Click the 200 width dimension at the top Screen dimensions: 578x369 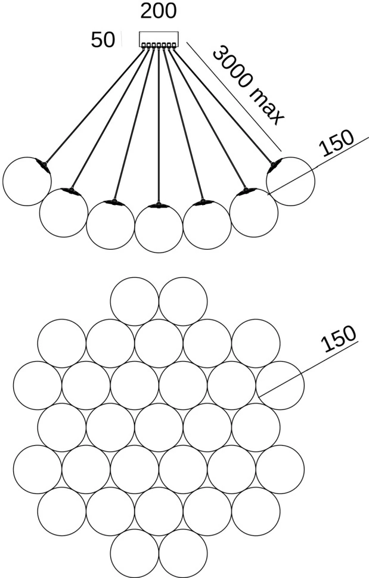159,11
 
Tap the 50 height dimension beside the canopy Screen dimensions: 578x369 103,40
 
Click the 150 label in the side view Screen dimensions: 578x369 336,144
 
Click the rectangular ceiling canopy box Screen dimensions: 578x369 159,38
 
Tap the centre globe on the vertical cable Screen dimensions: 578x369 159,229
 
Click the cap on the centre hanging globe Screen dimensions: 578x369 159,206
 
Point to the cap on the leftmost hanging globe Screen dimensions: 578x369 41,164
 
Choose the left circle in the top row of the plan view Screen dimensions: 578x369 135,301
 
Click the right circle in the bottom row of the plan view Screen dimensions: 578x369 183,553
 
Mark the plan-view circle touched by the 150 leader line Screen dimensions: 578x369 280,385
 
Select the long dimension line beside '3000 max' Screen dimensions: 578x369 232,95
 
